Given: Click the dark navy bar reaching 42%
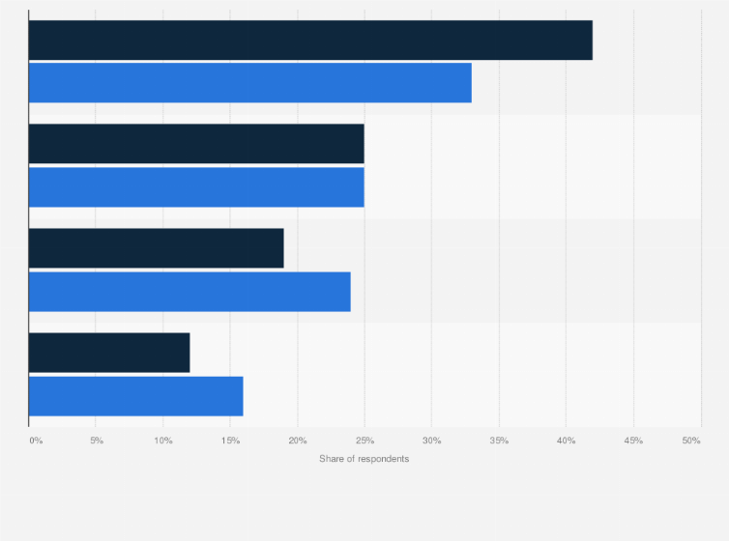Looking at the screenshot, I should [309, 40].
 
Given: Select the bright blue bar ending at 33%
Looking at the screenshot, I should [249, 83].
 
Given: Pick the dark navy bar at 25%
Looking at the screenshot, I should [196, 144].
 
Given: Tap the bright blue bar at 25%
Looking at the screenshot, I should [196, 187].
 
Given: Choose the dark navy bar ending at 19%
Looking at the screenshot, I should [156, 248].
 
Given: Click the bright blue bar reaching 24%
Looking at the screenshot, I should [190, 292].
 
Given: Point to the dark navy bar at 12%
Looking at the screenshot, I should [109, 353].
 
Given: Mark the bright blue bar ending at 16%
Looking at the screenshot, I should [135, 396].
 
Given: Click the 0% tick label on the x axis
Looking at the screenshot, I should [36, 441].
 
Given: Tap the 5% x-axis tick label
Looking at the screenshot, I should [97, 441].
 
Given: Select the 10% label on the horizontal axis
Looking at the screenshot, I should [163, 441].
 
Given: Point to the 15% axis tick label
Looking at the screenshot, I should [230, 441].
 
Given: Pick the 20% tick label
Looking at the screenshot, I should [298, 441].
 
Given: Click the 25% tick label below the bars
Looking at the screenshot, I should [364, 441].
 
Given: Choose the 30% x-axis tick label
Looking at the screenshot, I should [432, 441].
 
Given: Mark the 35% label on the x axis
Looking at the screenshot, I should [499, 441].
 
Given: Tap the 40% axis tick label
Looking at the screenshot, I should [567, 441].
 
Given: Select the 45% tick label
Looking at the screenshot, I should [633, 441].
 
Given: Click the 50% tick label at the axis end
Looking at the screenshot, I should [691, 441].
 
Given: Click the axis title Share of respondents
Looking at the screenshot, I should [364, 459].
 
